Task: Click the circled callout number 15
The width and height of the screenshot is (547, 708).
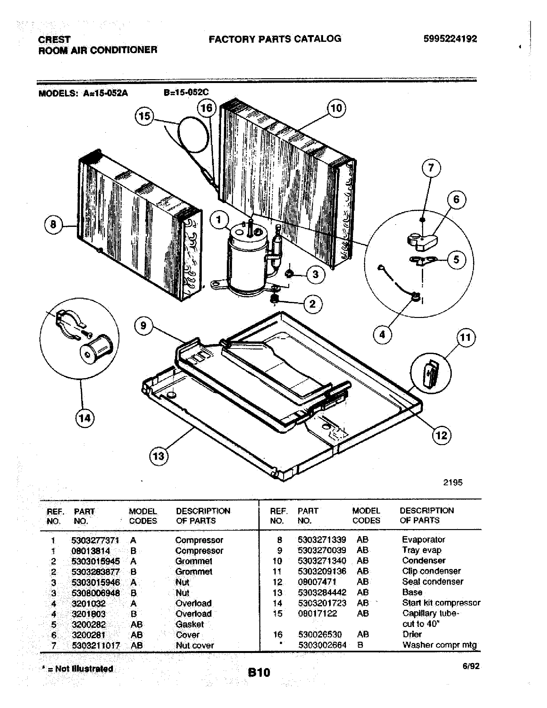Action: pos(144,116)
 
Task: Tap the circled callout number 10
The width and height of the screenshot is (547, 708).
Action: pos(336,108)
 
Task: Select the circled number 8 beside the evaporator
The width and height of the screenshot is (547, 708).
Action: pos(53,224)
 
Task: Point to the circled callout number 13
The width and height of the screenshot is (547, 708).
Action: pos(159,456)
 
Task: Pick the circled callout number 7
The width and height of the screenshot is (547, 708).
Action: pos(431,168)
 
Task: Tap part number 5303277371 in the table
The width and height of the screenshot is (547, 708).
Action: pos(95,540)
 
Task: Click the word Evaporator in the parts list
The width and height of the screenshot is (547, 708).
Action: pos(423,540)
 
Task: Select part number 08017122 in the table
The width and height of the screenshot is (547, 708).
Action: pos(317,613)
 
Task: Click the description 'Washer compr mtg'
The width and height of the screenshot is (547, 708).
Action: pos(440,645)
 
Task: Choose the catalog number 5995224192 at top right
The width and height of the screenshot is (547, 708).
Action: pos(450,39)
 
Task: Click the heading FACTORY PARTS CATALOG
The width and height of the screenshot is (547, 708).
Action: pos(275,39)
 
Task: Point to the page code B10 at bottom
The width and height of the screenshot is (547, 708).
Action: pos(259,672)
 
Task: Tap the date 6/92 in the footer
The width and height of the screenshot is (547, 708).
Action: pos(471,666)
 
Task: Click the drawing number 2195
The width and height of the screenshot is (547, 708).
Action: pos(453,483)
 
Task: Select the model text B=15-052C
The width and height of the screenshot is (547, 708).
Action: pos(186,92)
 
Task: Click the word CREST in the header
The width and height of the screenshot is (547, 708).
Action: pos(54,40)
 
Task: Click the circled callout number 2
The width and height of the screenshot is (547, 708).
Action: pos(312,304)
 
